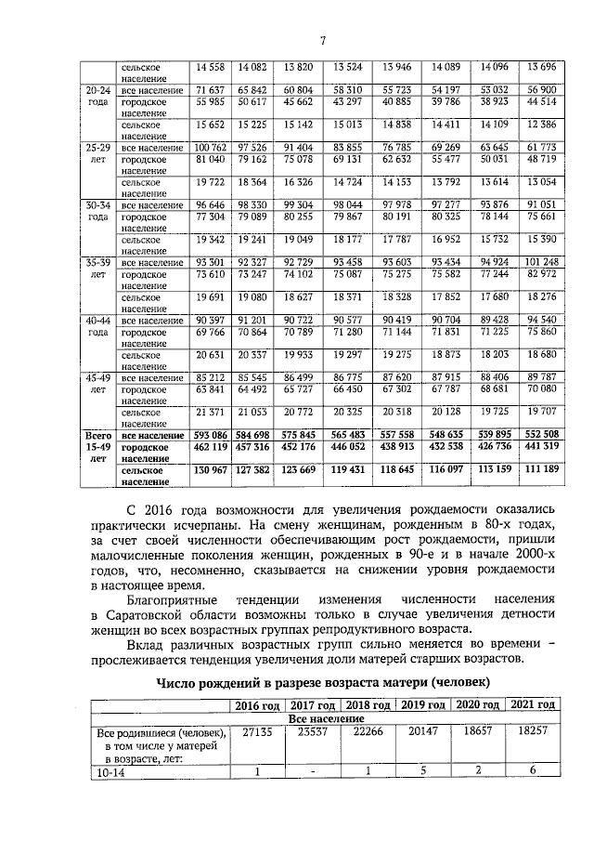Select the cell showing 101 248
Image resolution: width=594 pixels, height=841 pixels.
[x=541, y=263]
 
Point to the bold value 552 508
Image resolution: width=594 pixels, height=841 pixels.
[x=541, y=435]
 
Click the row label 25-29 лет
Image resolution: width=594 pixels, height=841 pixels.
[x=97, y=154]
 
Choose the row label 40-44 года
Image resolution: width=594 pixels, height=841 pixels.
[x=97, y=326]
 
